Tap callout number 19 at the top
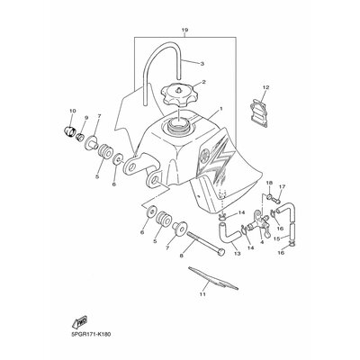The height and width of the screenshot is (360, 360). (184, 30)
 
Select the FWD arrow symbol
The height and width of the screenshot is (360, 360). (79, 322)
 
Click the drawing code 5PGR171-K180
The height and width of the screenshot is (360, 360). (92, 334)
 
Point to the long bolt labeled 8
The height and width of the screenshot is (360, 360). (206, 244)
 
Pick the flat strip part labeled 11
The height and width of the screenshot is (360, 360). (213, 278)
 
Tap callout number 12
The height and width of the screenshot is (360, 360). (265, 87)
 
